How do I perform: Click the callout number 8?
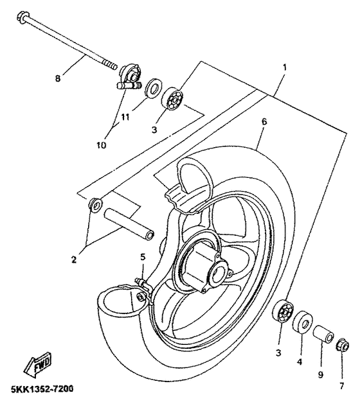(x=57, y=78)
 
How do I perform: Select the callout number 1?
(x=285, y=68)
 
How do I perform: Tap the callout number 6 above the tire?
(x=264, y=121)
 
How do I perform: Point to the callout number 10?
(x=102, y=145)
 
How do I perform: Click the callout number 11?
(x=125, y=118)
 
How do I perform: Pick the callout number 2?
(x=74, y=259)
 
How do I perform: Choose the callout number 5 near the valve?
(x=143, y=257)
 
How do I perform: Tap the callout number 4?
(x=299, y=362)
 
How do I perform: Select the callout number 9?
(x=321, y=374)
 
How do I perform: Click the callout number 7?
(x=341, y=386)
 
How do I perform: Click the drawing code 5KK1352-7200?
(x=42, y=389)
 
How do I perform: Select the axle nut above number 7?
(x=343, y=344)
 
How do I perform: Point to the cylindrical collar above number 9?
(x=323, y=333)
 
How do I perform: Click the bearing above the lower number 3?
(x=283, y=312)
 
